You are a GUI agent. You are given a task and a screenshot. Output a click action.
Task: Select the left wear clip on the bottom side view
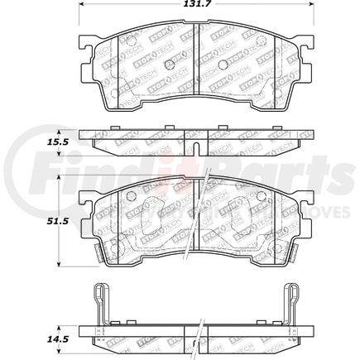tap(99, 302)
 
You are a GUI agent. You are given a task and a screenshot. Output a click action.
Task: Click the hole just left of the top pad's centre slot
tap(169, 65)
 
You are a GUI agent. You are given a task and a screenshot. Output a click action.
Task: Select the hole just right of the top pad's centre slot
tap(221, 65)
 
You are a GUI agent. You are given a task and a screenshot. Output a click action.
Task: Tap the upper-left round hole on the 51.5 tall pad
tap(130, 196)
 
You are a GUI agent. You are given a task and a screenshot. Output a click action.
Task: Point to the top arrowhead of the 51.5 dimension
tap(57, 179)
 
